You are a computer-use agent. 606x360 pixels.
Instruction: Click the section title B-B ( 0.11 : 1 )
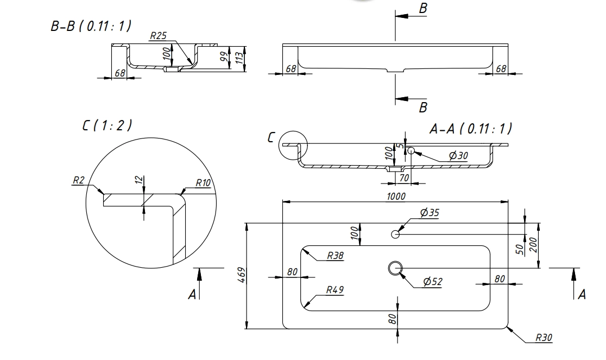(x=91, y=27)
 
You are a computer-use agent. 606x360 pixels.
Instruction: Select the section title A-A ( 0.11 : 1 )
(x=470, y=129)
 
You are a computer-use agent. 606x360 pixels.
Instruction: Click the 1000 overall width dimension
(x=396, y=196)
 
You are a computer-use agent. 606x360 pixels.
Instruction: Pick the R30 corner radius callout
(x=544, y=337)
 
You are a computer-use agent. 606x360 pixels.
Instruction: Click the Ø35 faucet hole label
(x=429, y=213)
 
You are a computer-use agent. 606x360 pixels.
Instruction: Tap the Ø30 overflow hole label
(x=458, y=155)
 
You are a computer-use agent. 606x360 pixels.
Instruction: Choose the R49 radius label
(x=334, y=290)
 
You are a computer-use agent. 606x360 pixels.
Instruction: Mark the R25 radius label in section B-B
(x=158, y=36)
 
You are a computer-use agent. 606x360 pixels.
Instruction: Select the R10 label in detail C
(x=203, y=183)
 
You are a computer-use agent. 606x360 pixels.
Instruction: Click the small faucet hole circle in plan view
(x=395, y=234)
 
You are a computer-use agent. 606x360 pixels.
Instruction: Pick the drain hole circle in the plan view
(x=395, y=268)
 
